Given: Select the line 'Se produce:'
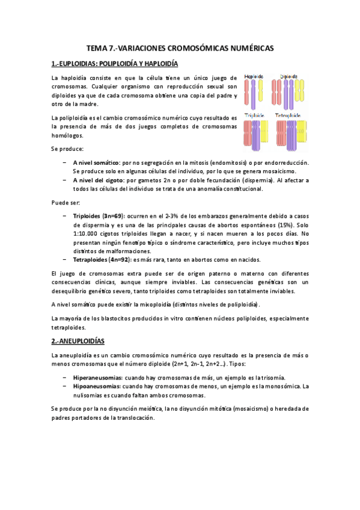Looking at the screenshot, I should coord(67,149).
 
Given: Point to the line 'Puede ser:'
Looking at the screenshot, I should coord(66,202).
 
